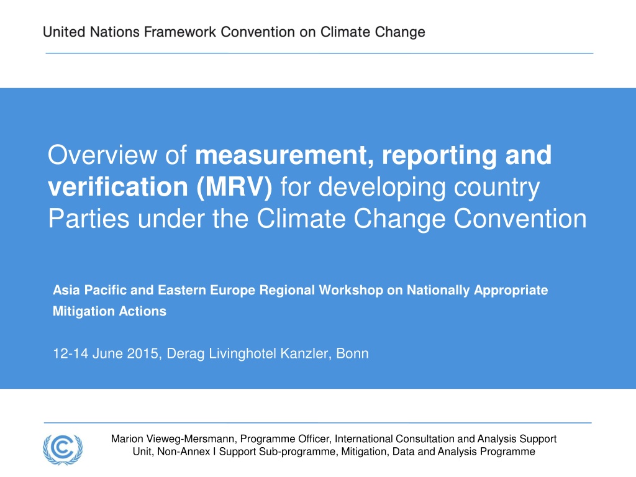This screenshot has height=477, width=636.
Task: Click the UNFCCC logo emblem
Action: pyautogui.click(x=63, y=449)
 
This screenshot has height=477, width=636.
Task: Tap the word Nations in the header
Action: pyautogui.click(x=114, y=32)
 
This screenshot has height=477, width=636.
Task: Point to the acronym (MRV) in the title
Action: pyautogui.click(x=234, y=188)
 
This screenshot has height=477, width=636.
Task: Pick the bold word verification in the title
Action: pyautogui.click(x=118, y=187)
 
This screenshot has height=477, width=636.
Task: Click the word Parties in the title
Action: pyautogui.click(x=89, y=219)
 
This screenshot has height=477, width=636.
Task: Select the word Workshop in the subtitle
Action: pyautogui.click(x=351, y=291)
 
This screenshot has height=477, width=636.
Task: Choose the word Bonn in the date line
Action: pyautogui.click(x=353, y=353)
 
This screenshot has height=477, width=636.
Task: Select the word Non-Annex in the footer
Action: pyautogui.click(x=184, y=452)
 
